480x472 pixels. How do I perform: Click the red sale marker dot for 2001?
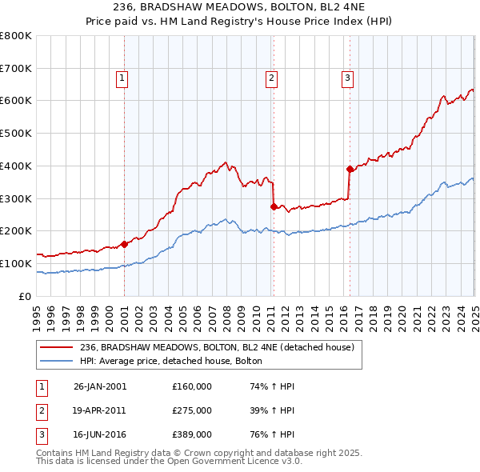click(x=124, y=244)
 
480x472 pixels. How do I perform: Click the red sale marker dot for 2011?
click(x=274, y=206)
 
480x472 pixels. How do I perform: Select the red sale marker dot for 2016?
click(x=349, y=169)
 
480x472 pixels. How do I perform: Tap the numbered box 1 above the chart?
click(x=122, y=78)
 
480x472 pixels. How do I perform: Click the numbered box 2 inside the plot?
click(x=271, y=78)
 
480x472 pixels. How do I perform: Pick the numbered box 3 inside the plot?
click(x=347, y=78)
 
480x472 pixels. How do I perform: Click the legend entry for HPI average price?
click(x=171, y=361)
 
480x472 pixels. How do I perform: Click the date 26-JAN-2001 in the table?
click(x=99, y=386)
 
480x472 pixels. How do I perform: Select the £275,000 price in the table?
click(x=192, y=410)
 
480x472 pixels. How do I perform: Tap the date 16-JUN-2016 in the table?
click(x=99, y=435)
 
